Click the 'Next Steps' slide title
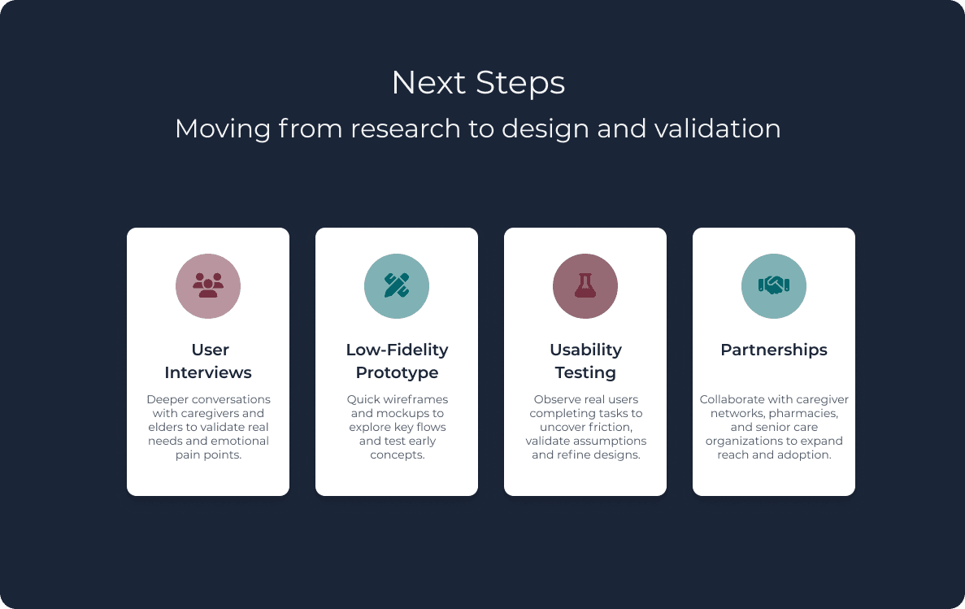coord(478,83)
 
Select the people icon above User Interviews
coord(208,286)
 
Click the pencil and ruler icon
coord(397,286)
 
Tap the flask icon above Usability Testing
coord(585,286)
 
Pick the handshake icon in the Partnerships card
coord(774,286)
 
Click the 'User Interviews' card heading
coord(208,361)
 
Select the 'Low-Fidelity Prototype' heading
coord(397,361)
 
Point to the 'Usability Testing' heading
coord(585,361)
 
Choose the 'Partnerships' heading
coord(774,350)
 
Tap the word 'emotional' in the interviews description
coord(241,441)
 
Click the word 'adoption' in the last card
coord(806,455)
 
